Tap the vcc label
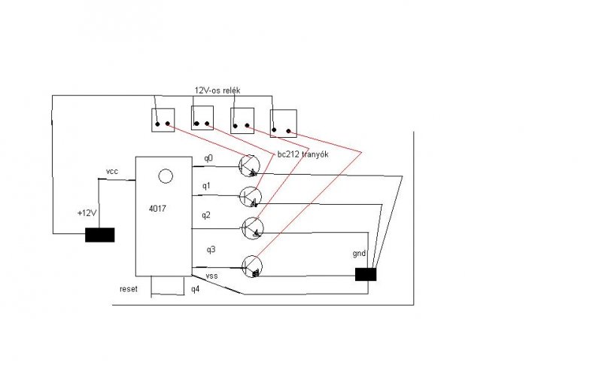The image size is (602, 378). [112, 172]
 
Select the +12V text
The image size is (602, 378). [87, 213]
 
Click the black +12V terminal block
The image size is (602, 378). [100, 235]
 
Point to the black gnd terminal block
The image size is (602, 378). [366, 275]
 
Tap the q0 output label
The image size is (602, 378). [208, 158]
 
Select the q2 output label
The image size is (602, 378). [206, 215]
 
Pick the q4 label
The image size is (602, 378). [195, 289]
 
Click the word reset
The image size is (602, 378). [129, 289]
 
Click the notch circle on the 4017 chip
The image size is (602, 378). [166, 176]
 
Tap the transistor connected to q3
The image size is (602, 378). [253, 264]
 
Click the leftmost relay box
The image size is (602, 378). [163, 120]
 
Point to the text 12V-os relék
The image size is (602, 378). [216, 90]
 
